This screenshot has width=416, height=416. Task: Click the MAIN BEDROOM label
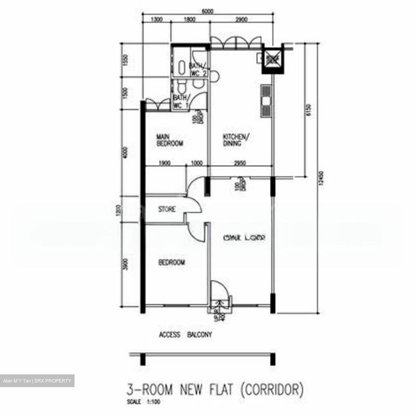[170, 140]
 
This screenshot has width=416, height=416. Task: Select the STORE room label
[167, 209]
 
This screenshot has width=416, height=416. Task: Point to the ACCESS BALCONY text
[185, 335]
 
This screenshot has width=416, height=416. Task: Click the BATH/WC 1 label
[181, 102]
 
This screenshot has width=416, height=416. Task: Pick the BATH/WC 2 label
[198, 70]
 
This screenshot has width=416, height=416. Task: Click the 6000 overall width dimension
[207, 12]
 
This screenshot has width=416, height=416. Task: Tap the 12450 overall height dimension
[322, 182]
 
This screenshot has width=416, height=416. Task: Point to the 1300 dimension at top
[157, 20]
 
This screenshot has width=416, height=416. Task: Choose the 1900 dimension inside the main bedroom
[164, 163]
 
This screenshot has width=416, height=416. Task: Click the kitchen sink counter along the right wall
[266, 101]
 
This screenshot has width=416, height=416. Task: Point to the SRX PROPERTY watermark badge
[37, 381]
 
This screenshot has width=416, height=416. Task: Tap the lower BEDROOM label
[171, 263]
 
